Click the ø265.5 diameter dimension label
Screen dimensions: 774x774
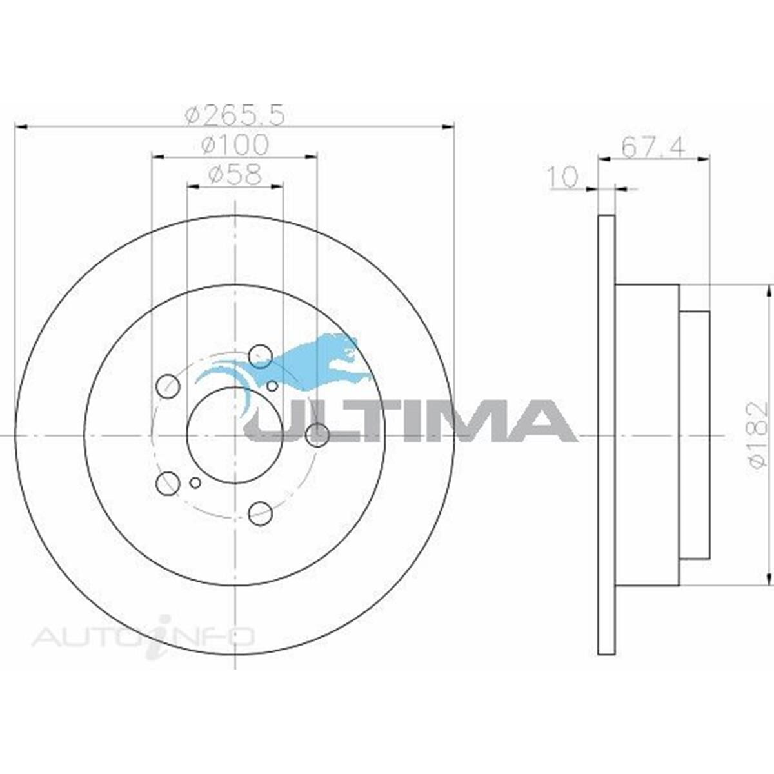click(235, 115)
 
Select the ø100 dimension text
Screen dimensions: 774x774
click(235, 145)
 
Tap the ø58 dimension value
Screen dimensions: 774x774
click(235, 174)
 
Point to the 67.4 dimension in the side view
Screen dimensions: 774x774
click(653, 147)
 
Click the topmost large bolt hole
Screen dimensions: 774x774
click(260, 354)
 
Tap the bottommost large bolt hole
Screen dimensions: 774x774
click(260, 513)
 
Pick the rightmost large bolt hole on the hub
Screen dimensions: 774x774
click(317, 435)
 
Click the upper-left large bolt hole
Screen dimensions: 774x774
click(168, 386)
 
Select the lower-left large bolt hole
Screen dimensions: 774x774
click(168, 482)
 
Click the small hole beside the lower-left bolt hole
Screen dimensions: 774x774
click(195, 482)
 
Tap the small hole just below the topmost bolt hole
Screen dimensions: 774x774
click(272, 386)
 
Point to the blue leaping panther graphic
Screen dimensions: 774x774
click(303, 364)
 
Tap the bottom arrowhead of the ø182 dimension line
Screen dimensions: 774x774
click(769, 578)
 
